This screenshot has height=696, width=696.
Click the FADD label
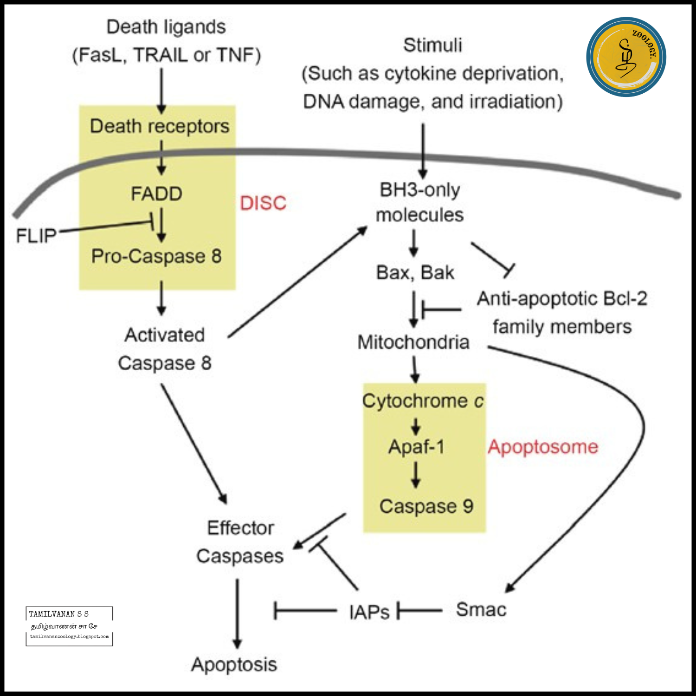[x=156, y=194]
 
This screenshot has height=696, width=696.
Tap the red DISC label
[x=263, y=203]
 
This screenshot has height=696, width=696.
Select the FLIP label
[x=36, y=236]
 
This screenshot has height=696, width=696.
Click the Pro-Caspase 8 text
[x=156, y=256]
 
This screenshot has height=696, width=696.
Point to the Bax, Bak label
[x=415, y=273]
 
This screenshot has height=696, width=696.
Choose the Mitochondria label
[x=413, y=342]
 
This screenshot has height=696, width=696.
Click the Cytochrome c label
[x=423, y=401]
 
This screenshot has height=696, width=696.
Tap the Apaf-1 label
[x=416, y=447]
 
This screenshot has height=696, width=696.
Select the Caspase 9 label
[x=426, y=506]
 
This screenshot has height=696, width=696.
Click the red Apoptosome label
[x=542, y=447]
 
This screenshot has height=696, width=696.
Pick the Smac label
[x=481, y=610]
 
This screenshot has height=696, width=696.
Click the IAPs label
[x=369, y=612]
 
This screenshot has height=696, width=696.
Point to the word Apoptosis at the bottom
[x=234, y=664]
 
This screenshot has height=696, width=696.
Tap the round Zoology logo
[x=626, y=57]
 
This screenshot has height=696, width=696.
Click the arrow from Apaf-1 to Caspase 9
[x=416, y=474]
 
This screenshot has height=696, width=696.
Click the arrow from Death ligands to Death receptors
[x=161, y=90]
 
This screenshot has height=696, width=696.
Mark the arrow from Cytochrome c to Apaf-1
[x=416, y=426]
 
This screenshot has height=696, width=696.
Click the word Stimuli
[x=432, y=45]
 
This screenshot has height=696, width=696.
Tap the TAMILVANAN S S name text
[x=59, y=614]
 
